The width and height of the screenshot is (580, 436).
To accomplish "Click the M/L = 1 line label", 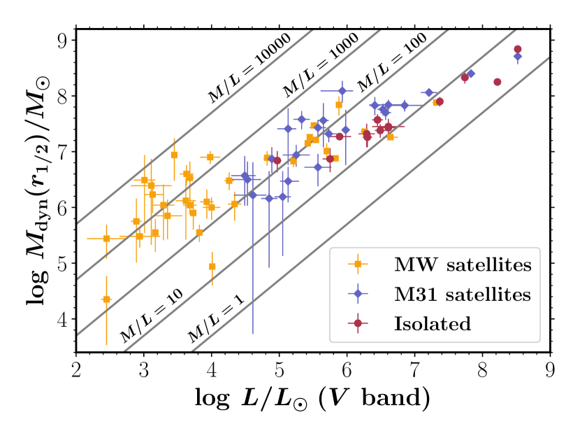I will tap(215, 321).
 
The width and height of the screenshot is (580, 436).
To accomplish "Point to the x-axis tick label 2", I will tap(75, 368).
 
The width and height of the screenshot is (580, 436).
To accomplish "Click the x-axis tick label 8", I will tap(482, 368).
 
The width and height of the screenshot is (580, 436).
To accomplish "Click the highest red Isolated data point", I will tap(518, 49).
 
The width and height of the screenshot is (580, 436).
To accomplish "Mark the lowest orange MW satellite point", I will tap(106, 300).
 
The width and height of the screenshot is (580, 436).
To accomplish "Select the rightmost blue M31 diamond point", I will tap(517, 57).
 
